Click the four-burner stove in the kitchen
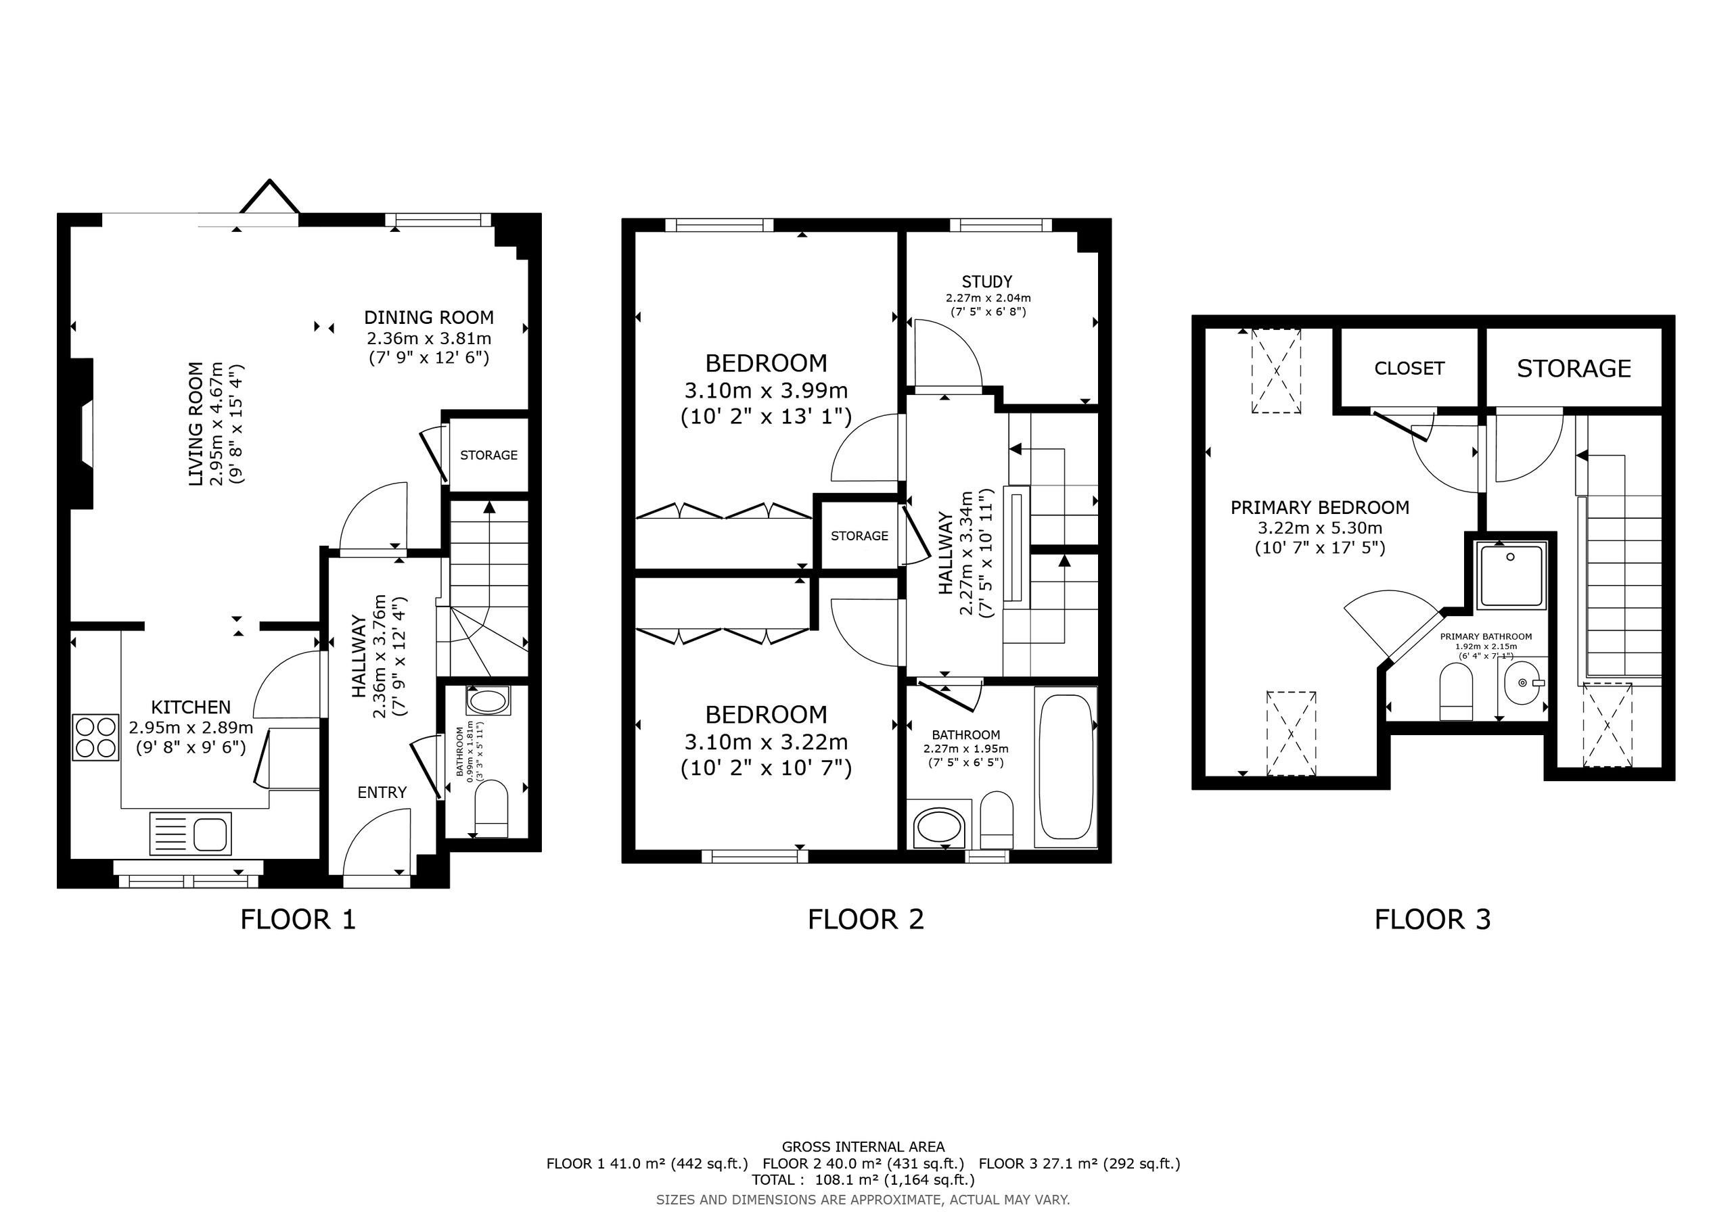[x=96, y=737]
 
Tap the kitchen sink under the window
[x=191, y=833]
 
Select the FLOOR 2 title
[x=865, y=919]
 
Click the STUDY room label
[x=986, y=282]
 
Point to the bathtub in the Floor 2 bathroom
[x=1065, y=767]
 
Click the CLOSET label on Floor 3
[x=1409, y=369]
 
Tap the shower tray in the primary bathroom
[x=1513, y=575]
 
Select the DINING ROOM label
[x=428, y=318]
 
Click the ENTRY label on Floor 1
[x=382, y=793]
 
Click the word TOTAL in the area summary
[x=773, y=1179]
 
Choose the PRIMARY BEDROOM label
[x=1319, y=508]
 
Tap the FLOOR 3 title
[x=1432, y=919]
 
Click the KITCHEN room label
[x=191, y=707]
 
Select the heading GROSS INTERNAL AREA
[x=863, y=1147]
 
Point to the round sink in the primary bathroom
[x=1522, y=682]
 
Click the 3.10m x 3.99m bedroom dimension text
[x=766, y=391]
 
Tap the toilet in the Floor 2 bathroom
[x=997, y=820]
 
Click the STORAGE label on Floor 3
[x=1574, y=369]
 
